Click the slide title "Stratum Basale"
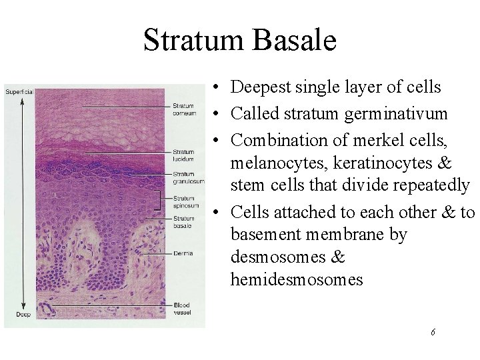(x=239, y=39)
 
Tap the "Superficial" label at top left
(x=19, y=91)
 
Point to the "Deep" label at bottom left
(x=15, y=314)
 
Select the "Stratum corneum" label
(x=184, y=109)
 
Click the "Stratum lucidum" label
(x=183, y=155)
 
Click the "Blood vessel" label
(x=181, y=309)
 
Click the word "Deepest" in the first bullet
(x=260, y=87)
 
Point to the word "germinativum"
(x=396, y=115)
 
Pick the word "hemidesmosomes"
(x=297, y=279)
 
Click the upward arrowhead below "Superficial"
(x=22, y=101)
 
